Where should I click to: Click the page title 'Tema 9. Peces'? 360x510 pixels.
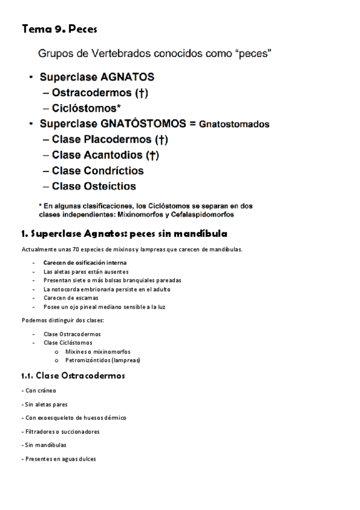59,29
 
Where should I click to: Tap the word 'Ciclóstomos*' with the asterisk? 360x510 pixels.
87,108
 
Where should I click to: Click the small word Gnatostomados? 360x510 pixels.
234,124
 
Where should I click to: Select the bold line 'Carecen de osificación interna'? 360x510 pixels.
85,263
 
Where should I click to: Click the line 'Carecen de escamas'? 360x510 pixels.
71,298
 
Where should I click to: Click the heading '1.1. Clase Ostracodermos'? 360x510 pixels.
73,376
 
